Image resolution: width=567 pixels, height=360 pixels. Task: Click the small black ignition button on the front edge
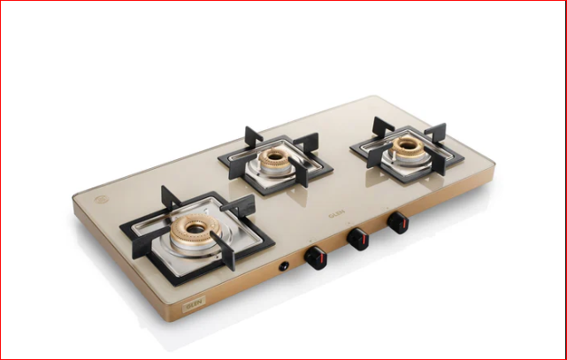(x=286, y=264)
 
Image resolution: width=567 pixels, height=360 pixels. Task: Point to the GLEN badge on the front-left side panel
(x=193, y=306)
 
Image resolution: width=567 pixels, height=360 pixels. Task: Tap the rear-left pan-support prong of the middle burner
(x=250, y=136)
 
